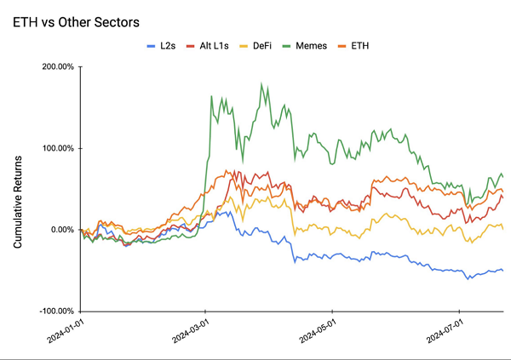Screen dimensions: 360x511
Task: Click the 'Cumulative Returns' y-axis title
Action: tap(18, 190)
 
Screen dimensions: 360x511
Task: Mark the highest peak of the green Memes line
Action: tap(261, 83)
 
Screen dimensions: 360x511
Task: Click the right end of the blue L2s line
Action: tap(502, 271)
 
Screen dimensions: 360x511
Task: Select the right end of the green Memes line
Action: tap(502, 176)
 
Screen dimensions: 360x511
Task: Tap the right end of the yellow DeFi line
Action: tap(502, 229)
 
